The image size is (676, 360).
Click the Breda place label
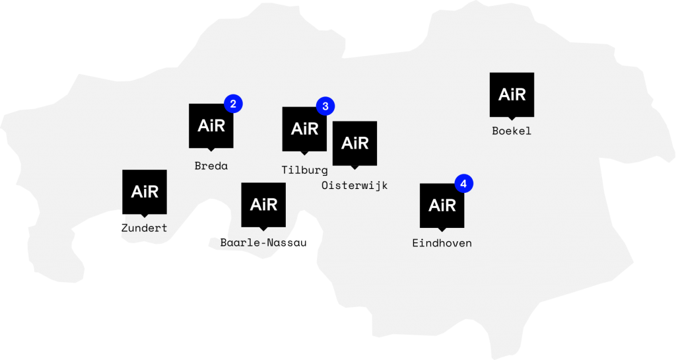[211, 166]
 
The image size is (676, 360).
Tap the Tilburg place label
[304, 170]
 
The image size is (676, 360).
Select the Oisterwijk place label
[355, 186]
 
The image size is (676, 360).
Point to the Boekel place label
[512, 131]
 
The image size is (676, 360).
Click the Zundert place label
[145, 228]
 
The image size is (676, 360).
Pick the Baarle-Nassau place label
[263, 242]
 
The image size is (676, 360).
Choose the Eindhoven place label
[442, 243]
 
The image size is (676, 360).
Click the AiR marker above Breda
[211, 126]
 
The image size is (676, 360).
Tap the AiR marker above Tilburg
[304, 129]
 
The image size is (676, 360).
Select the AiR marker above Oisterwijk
[355, 143]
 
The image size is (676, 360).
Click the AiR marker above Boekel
[512, 95]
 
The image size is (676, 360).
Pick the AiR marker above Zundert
[145, 192]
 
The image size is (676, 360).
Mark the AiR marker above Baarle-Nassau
[263, 205]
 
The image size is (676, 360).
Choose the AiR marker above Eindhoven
[442, 206]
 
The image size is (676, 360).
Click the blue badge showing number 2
[233, 104]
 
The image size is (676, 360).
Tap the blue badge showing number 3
[325, 106]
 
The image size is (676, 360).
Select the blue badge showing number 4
[464, 184]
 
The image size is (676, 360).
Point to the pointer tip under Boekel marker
[512, 120]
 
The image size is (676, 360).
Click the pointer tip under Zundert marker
[145, 217]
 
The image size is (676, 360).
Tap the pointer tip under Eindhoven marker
[442, 231]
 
